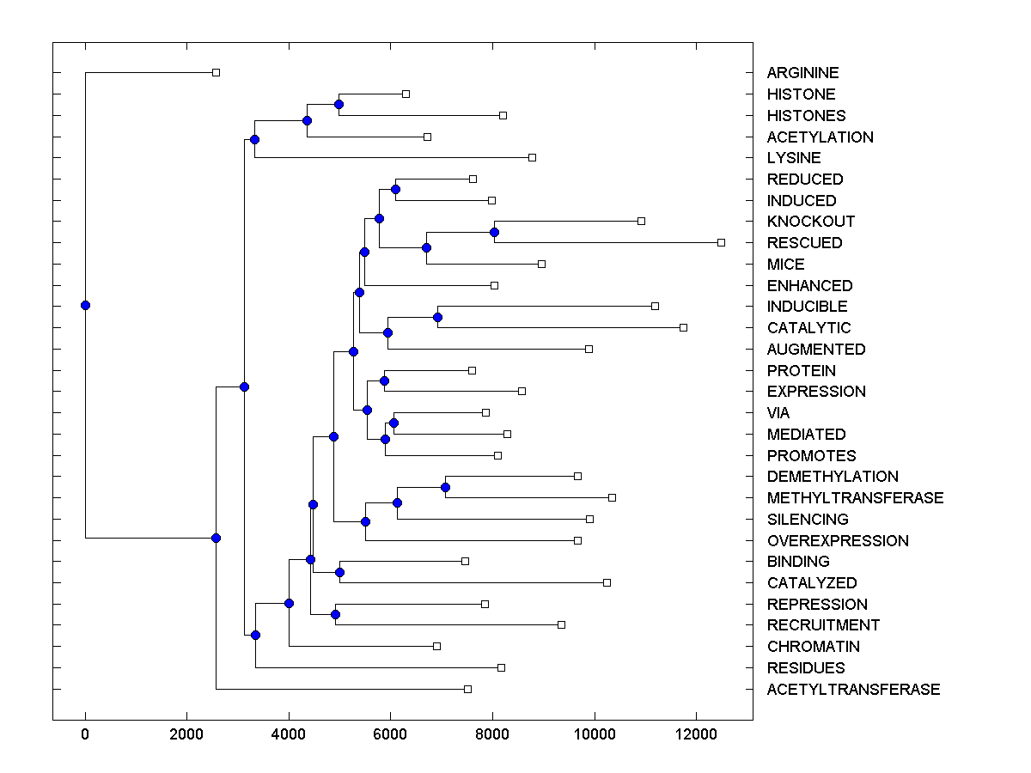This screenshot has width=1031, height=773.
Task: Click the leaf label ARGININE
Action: tap(802, 74)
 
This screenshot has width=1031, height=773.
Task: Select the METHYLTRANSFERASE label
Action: tap(855, 498)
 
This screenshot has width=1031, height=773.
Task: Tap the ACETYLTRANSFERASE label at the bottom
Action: tap(853, 690)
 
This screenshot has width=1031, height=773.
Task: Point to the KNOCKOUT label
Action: tap(810, 222)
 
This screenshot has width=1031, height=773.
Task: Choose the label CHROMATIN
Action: tap(813, 647)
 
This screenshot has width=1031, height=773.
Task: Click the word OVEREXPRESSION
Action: tap(838, 541)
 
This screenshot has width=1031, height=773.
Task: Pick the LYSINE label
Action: tap(794, 158)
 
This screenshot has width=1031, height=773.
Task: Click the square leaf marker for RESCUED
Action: tap(721, 243)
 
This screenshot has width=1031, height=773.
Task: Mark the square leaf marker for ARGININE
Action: tap(216, 73)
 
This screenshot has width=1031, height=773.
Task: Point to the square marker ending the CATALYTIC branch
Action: tap(683, 327)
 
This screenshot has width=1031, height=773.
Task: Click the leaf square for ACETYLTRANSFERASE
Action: tap(467, 689)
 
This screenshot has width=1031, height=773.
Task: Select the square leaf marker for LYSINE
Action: tap(532, 157)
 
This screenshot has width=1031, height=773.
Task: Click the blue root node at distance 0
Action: tap(85, 305)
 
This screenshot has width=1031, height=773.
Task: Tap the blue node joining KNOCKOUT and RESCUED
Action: tap(494, 232)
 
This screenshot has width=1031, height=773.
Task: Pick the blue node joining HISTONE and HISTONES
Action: tap(339, 104)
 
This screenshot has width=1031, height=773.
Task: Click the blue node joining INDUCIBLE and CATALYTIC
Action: tap(437, 317)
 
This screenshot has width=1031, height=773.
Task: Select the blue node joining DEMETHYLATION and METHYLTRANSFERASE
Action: tap(445, 487)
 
